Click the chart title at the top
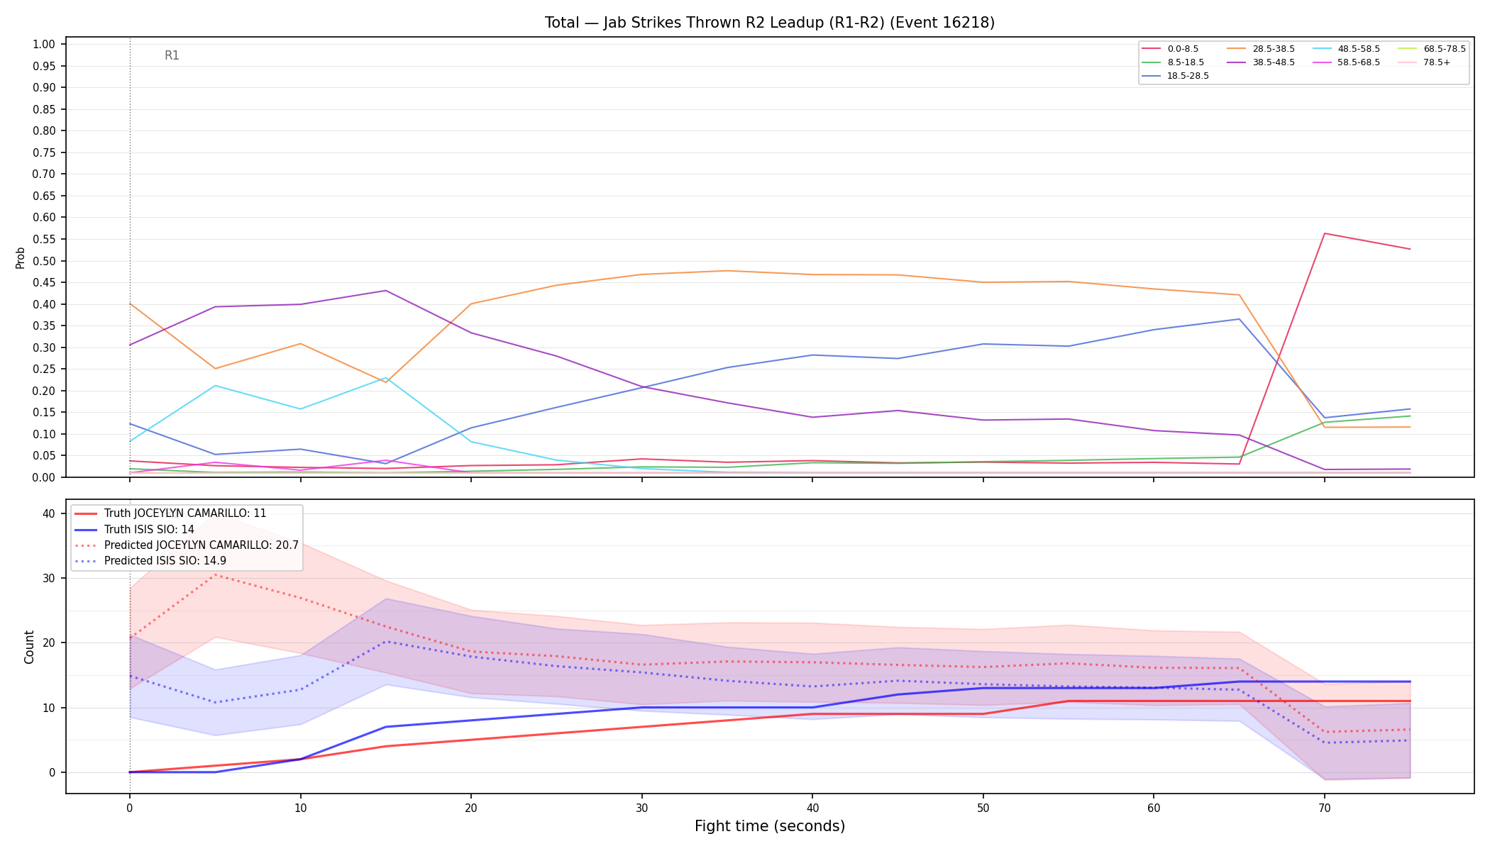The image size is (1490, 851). [770, 23]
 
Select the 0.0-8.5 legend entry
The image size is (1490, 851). [1170, 49]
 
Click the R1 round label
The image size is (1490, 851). [172, 55]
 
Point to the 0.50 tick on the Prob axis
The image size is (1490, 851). [44, 261]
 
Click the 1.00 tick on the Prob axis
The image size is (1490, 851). [44, 45]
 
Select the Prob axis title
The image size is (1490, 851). [20, 257]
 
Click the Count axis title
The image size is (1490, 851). [29, 647]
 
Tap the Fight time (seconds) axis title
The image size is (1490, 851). [770, 826]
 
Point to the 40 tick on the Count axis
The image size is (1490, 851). [48, 513]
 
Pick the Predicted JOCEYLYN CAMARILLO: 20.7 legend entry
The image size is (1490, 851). [187, 545]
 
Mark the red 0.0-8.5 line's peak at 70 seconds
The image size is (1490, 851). [1325, 233]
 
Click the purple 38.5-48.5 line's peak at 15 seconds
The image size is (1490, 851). [385, 290]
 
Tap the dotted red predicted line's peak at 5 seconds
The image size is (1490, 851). [215, 575]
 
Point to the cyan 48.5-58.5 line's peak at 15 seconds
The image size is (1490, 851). [385, 378]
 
